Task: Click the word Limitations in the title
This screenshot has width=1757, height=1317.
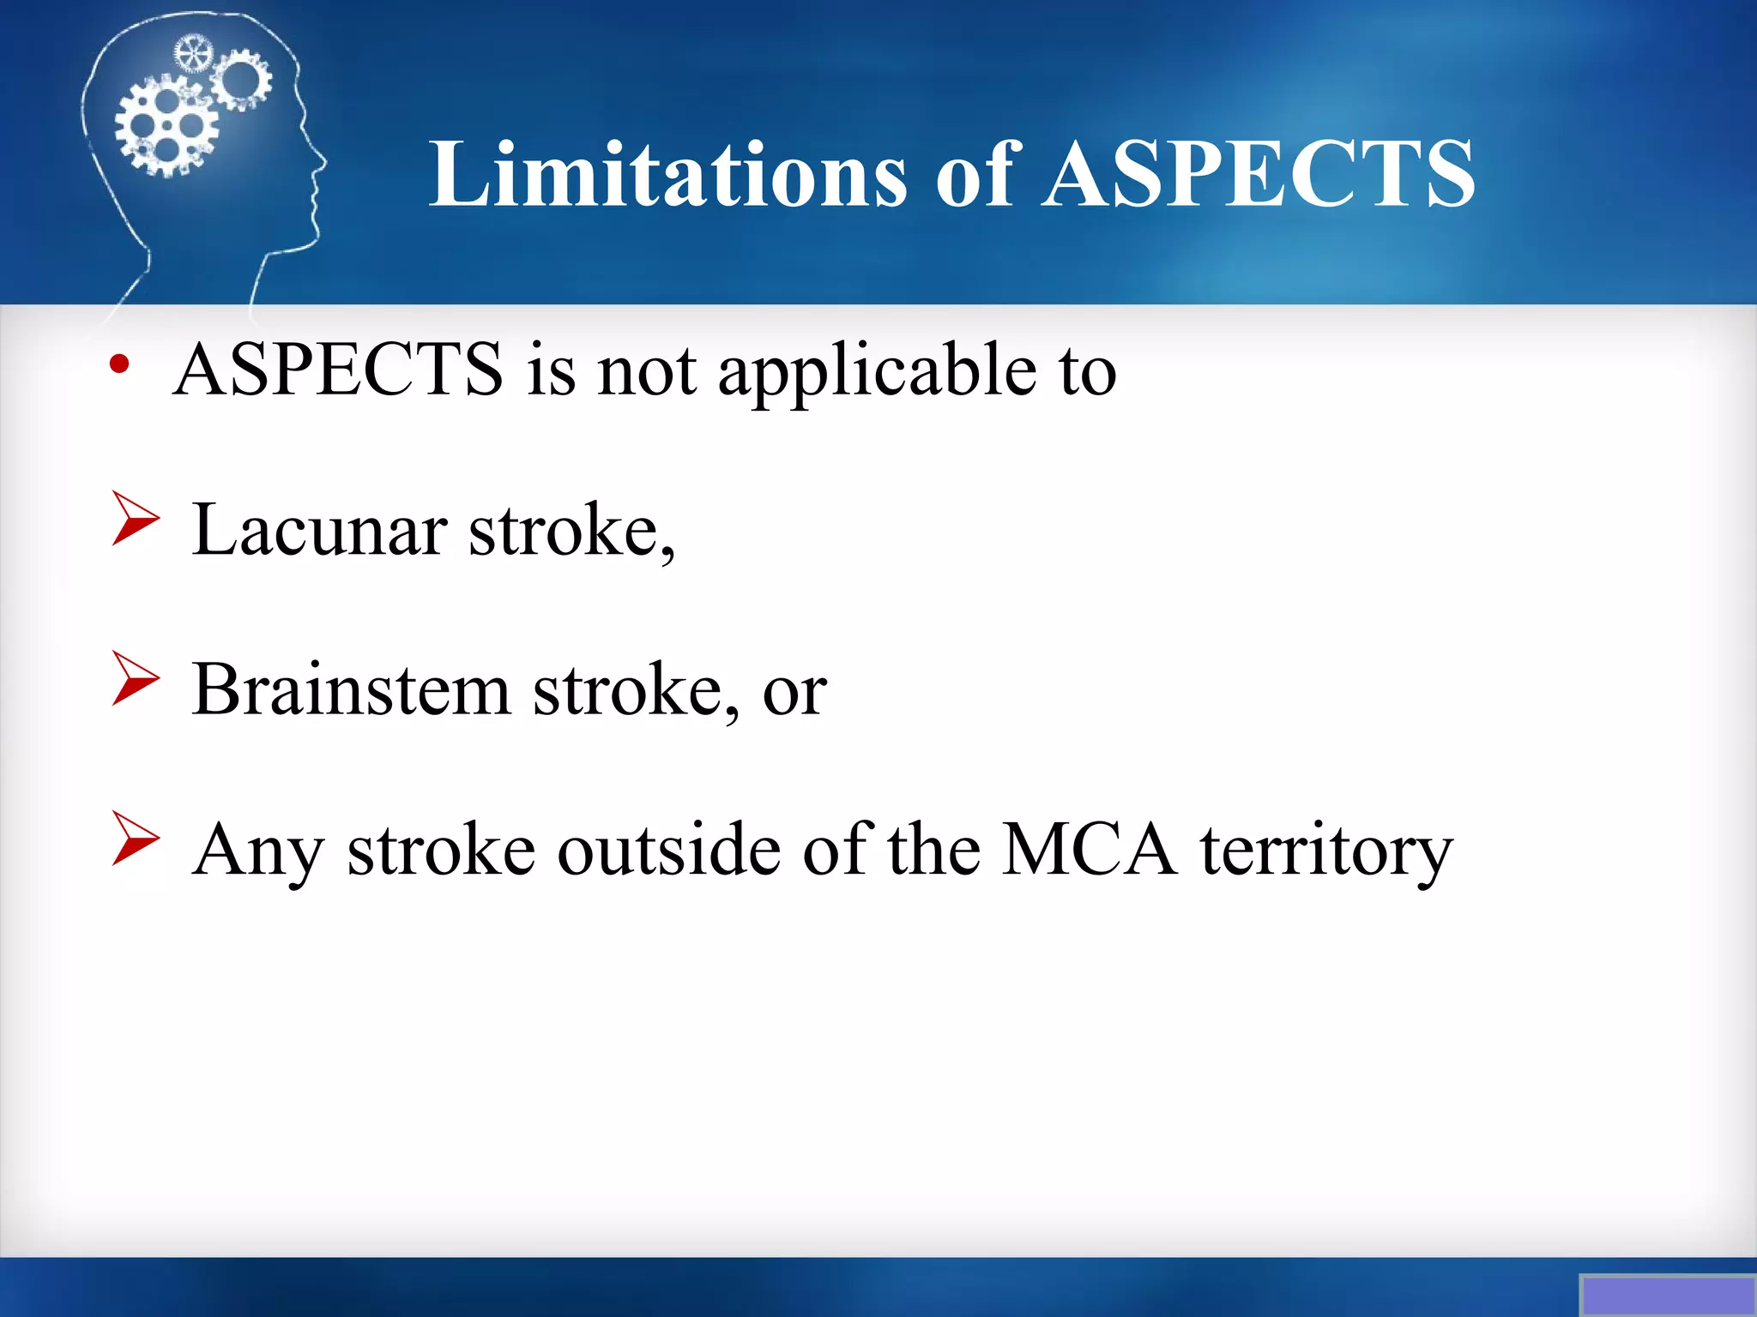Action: point(667,176)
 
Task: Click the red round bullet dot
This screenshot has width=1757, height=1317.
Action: point(119,365)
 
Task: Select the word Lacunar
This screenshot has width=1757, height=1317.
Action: point(319,530)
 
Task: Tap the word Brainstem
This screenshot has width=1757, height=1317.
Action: point(351,689)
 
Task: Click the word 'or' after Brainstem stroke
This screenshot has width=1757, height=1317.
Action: point(794,693)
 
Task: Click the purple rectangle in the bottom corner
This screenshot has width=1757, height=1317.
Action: point(1667,1295)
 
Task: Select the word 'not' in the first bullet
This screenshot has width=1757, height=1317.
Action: point(646,371)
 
